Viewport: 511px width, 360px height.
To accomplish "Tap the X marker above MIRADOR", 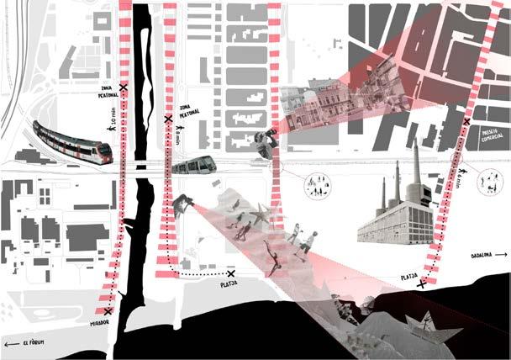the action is (x=108, y=311).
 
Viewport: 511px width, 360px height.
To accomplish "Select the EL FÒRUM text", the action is (x=34, y=343).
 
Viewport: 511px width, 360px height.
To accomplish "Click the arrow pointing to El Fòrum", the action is (x=9, y=343).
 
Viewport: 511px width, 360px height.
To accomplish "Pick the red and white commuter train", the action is (x=72, y=141).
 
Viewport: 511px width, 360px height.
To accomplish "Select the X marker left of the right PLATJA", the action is (x=420, y=284).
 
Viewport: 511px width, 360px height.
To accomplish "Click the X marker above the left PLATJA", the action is (x=232, y=273).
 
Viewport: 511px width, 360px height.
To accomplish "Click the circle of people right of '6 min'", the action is (x=487, y=179).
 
